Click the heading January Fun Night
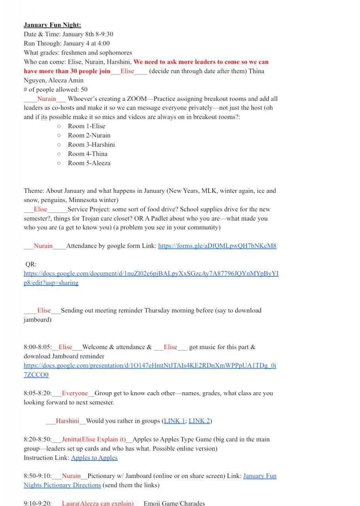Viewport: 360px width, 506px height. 52,25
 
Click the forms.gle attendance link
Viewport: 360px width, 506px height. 217,246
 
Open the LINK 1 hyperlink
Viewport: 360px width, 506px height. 174,421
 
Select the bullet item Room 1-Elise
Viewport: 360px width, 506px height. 87,126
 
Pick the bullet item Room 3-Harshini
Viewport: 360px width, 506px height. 91,145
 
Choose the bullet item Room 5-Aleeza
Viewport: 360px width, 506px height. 89,163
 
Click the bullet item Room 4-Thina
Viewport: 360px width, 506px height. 87,154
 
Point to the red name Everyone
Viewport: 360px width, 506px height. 75,393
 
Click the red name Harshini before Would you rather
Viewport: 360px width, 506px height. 68,421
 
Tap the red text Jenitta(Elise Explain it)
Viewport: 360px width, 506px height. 94,439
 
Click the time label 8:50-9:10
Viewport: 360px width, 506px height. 37,476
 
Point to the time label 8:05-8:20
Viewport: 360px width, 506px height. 37,393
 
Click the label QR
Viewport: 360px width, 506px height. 30,264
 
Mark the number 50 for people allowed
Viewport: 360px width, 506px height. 83,89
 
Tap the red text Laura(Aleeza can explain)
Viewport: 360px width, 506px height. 98,503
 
